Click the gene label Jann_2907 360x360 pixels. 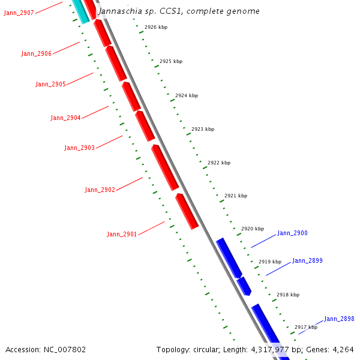coord(19,13)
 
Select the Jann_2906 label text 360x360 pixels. coord(37,53)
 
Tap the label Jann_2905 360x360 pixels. coord(51,84)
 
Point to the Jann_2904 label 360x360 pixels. coord(65,118)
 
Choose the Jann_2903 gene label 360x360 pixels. coord(80,148)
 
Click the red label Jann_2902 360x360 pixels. coord(100,190)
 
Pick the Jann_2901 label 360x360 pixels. coord(122,234)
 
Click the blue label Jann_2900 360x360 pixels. coord(292,233)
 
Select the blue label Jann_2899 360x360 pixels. coord(307,261)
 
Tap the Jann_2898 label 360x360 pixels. coord(339,319)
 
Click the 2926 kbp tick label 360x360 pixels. coord(156,28)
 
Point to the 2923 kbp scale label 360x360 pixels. coord(203,129)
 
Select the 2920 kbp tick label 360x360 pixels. coord(253,229)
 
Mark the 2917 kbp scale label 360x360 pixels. coord(306,327)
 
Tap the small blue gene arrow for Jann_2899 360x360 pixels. coord(244,286)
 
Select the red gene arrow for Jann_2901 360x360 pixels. coord(187,211)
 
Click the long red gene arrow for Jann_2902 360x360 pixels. coord(165,167)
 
